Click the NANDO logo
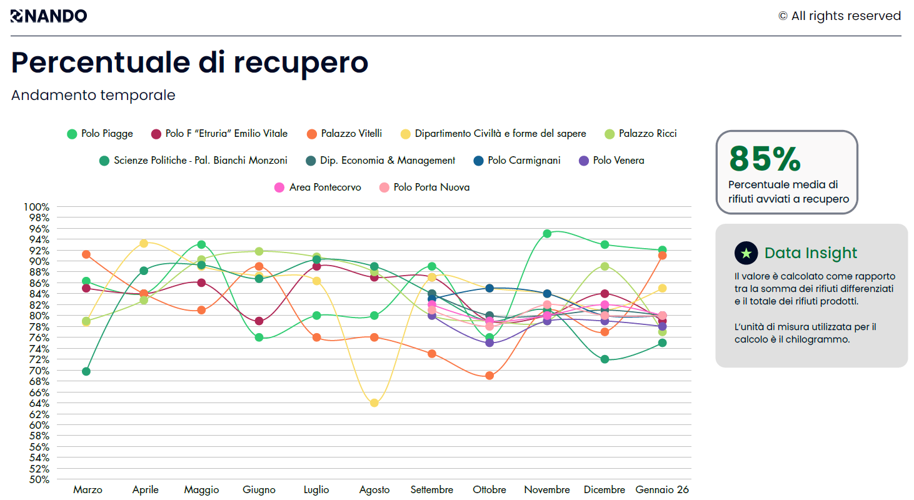click(49, 16)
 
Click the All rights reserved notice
click(840, 16)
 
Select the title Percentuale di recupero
click(190, 62)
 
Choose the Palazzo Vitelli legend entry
click(344, 134)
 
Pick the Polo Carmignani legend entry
click(517, 161)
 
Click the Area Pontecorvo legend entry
click(318, 187)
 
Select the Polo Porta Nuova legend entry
click(424, 187)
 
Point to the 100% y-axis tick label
click(36, 207)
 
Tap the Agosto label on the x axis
click(374, 490)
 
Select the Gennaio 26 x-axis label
click(662, 490)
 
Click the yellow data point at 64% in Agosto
click(374, 403)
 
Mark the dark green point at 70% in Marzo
click(86, 371)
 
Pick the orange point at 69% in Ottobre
click(490, 376)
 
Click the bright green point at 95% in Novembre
click(547, 234)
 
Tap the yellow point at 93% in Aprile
click(144, 243)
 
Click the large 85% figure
click(765, 159)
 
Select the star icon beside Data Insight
click(746, 253)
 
